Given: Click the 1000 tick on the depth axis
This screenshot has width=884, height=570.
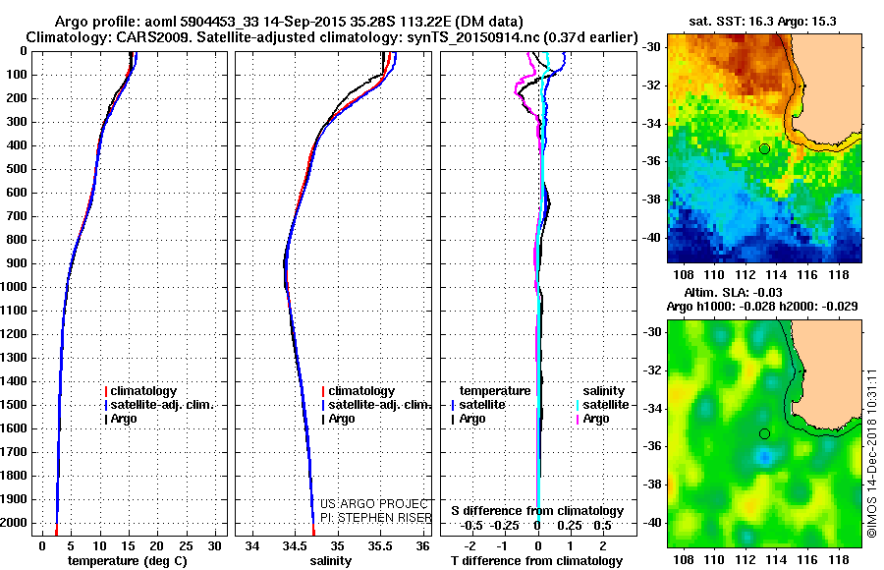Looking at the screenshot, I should point(18,287).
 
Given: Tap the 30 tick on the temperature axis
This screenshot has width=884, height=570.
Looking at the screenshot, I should point(214,545).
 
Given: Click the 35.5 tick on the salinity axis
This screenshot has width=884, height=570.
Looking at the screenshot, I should point(380,545).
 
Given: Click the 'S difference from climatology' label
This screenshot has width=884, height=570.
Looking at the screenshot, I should point(537,511).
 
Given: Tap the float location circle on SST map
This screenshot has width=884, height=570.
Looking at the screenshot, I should point(764,148).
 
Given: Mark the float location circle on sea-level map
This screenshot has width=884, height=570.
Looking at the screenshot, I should point(764,433).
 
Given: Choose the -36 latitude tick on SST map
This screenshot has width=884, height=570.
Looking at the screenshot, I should point(652,160).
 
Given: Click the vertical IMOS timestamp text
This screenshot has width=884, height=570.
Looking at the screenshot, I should point(872,452).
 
